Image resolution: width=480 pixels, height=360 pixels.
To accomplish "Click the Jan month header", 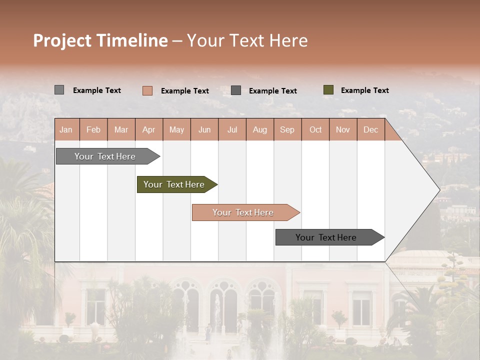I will tap(66, 129).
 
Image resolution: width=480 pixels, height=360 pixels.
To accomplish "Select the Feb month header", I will tap(93, 129).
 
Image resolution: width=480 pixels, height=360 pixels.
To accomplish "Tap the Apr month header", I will tap(148, 129).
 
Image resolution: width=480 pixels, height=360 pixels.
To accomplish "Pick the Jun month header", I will tap(204, 129).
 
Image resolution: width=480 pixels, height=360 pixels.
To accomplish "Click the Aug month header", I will tap(259, 129).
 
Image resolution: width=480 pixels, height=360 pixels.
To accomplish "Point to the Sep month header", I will tap(287, 129).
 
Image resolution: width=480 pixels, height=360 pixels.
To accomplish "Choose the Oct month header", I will tap(315, 129).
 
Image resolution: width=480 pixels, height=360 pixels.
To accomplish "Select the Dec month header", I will tap(370, 129).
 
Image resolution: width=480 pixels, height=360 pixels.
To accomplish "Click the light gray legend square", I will tap(59, 90).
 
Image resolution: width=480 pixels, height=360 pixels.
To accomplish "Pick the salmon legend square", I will tap(147, 90).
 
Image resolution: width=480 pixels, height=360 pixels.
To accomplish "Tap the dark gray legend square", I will tap(236, 90).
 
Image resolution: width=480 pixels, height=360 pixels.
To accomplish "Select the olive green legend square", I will tap(328, 90).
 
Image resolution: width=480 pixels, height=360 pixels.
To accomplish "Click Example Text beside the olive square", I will tap(364, 90).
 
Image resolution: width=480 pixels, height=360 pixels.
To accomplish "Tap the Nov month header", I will tap(342, 129).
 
